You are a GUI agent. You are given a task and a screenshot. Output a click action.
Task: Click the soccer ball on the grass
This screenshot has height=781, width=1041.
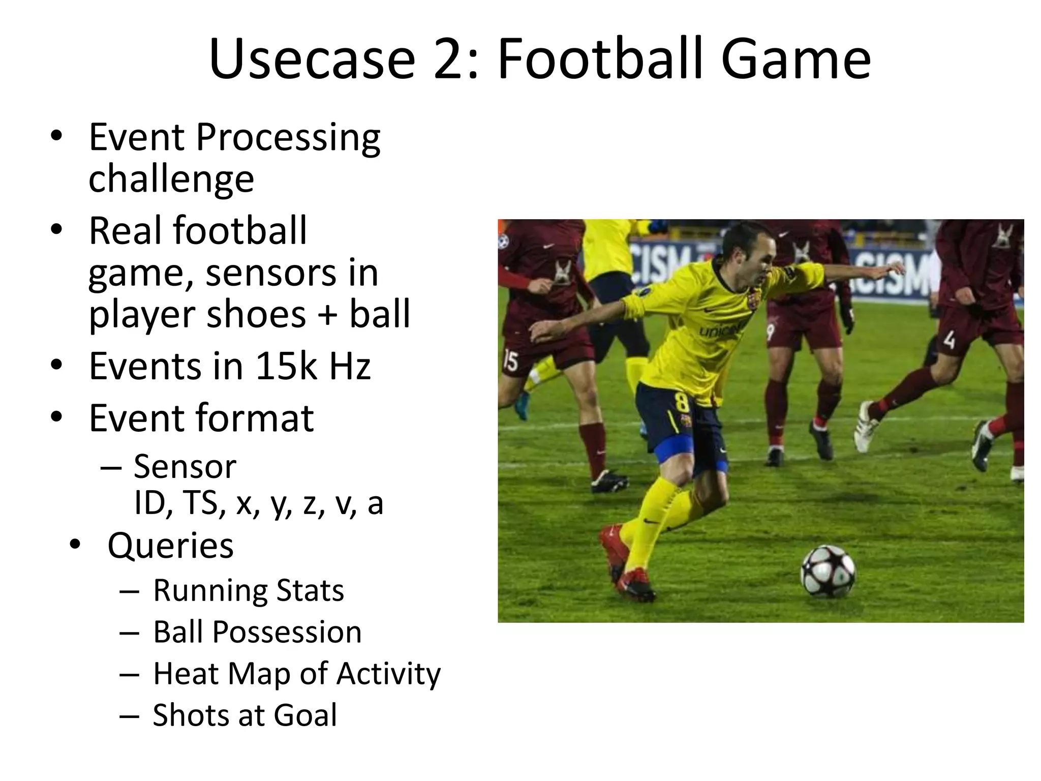pos(828,571)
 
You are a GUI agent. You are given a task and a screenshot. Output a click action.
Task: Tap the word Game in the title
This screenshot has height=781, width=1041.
pos(795,59)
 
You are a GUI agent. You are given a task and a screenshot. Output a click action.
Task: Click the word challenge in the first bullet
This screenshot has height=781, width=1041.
pos(171,178)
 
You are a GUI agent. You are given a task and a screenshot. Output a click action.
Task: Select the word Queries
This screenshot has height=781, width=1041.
pos(170,546)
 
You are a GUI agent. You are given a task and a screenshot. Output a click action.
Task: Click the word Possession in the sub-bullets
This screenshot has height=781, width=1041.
pos(287,632)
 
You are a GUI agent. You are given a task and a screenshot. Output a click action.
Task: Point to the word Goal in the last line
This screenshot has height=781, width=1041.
pos(305,715)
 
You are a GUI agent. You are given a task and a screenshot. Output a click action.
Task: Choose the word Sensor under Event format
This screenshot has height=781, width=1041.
pos(185,466)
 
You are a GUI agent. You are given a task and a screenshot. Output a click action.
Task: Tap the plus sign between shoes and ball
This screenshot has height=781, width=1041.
pos(327,314)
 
